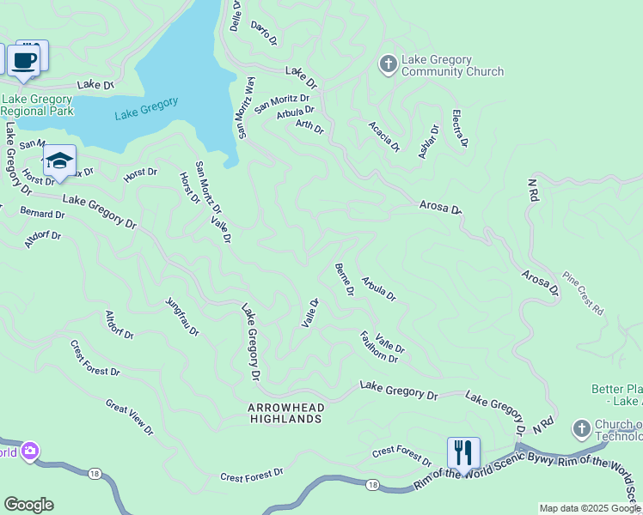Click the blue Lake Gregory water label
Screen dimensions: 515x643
point(146,108)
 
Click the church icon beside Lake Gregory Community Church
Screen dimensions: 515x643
point(388,64)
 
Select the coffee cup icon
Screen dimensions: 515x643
point(23,61)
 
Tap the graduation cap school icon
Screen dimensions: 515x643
point(59,161)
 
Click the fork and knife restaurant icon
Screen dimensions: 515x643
point(463,452)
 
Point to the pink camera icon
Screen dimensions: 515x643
point(30,451)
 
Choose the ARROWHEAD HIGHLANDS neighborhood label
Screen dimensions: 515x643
point(285,413)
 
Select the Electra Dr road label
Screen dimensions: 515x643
point(459,128)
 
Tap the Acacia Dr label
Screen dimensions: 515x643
point(384,136)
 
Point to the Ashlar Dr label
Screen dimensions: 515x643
point(428,142)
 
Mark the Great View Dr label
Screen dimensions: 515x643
point(129,415)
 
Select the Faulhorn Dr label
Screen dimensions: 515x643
point(378,347)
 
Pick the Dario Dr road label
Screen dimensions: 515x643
point(264,33)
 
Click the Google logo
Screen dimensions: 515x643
point(28,505)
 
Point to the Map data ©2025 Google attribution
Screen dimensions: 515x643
point(590,508)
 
